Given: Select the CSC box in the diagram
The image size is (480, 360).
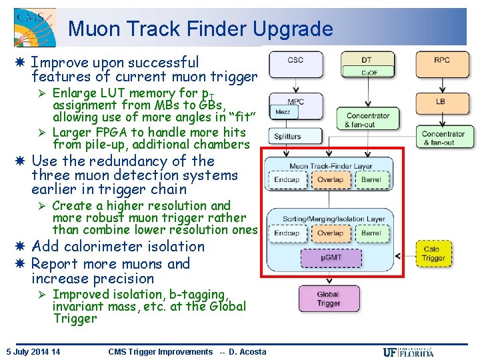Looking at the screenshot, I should point(295,64).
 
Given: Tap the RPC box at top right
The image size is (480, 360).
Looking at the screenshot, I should point(441,64).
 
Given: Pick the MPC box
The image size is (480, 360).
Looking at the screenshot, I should point(295,102).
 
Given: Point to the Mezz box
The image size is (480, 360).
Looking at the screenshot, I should point(283,113).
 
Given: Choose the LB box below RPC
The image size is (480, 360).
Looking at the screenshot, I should point(441,102).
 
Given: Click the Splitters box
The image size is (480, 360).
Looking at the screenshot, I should point(287,137).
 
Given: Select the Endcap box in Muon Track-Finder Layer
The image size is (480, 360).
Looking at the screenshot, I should point(287,179).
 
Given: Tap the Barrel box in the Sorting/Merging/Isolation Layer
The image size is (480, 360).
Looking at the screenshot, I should point(371,233).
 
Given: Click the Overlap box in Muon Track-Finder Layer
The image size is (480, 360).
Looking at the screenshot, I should point(330,179).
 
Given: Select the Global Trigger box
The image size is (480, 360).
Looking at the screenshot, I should point(328,299).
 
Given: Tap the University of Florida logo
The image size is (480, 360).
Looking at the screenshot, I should point(409,352).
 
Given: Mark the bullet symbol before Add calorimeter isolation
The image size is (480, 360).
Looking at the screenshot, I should point(22,247).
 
